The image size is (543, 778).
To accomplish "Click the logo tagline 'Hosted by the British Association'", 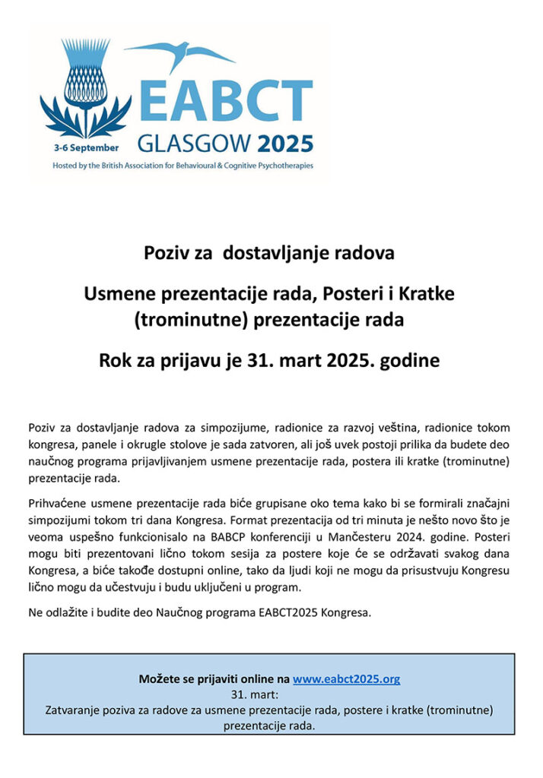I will coord(183,165).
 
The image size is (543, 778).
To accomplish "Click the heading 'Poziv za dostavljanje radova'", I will coord(269,253).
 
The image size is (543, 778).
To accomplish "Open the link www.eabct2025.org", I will coord(346,679).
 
